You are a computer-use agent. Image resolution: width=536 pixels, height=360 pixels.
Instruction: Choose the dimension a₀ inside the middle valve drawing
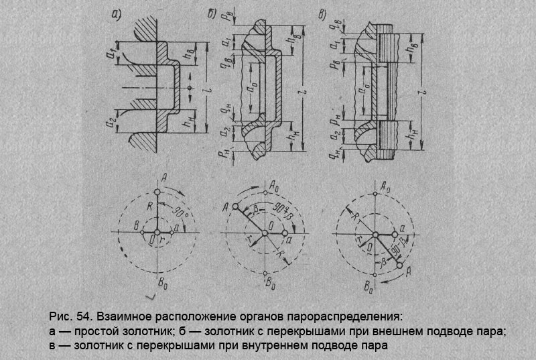click(x=249, y=88)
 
